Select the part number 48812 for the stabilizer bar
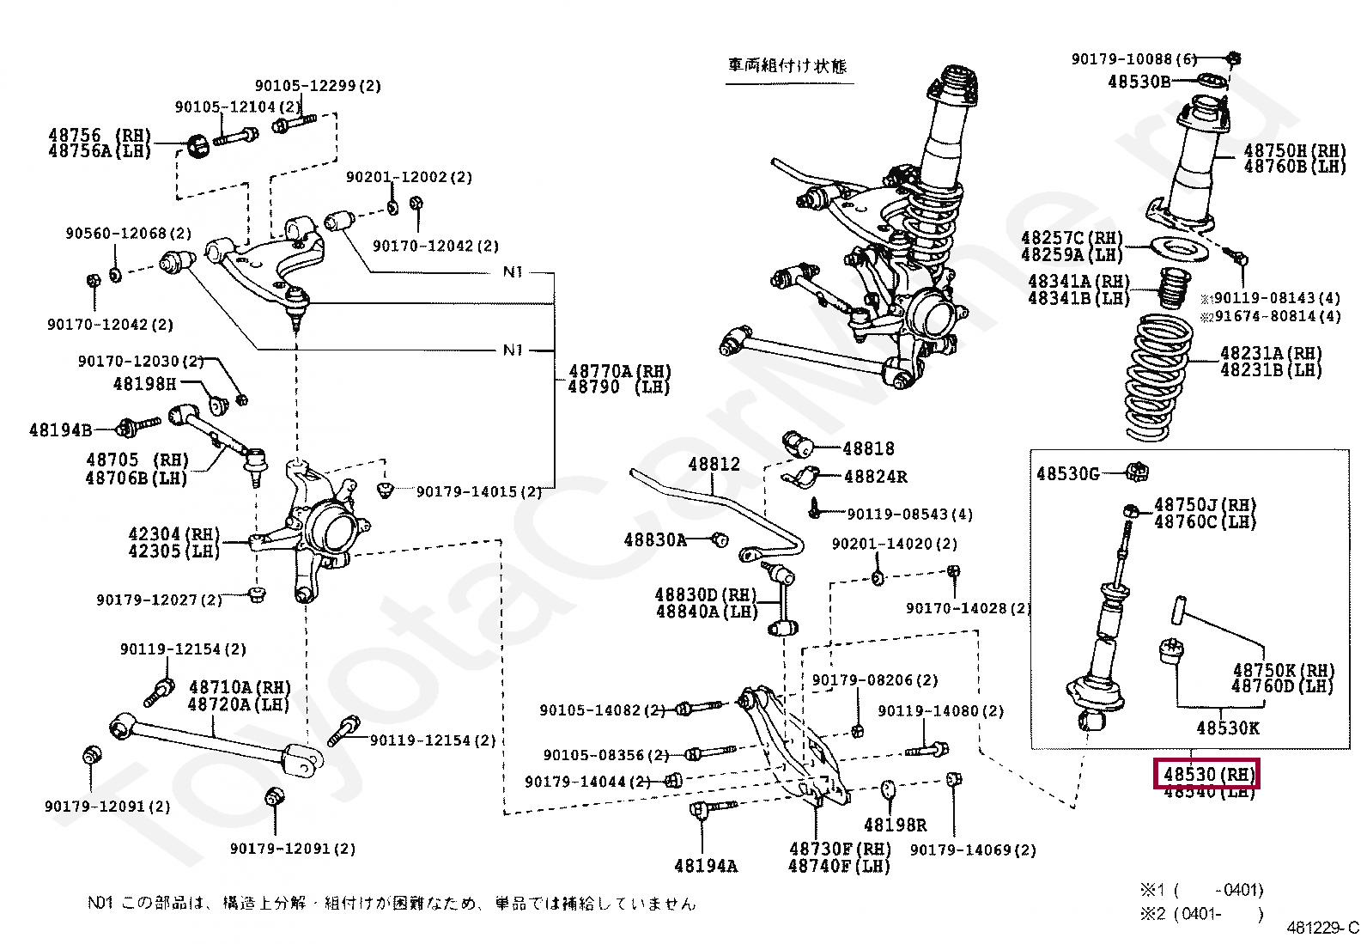pyautogui.click(x=714, y=464)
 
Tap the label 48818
pyautogui.click(x=868, y=448)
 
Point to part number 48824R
pyautogui.click(x=875, y=476)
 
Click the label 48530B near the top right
pyautogui.click(x=1139, y=82)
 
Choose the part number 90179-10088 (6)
pyautogui.click(x=1133, y=58)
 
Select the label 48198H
pyautogui.click(x=144, y=384)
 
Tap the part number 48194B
pyautogui.click(x=60, y=429)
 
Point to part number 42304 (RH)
pyautogui.click(x=174, y=534)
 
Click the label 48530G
pyautogui.click(x=1067, y=473)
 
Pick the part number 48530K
pyautogui.click(x=1227, y=728)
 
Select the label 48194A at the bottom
pyautogui.click(x=705, y=865)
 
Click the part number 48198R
pyautogui.click(x=895, y=825)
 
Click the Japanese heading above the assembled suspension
pyautogui.click(x=787, y=66)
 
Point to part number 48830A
pyautogui.click(x=654, y=539)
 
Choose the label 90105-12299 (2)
pyautogui.click(x=318, y=85)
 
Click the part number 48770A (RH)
pyautogui.click(x=619, y=371)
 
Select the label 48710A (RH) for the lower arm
pyautogui.click(x=240, y=687)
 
